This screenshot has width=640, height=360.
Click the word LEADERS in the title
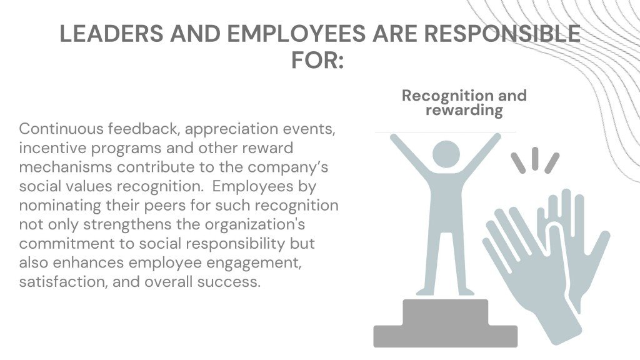111,34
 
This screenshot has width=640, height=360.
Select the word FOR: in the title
317,60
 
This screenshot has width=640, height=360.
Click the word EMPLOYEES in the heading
296,34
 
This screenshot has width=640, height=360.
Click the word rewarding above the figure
464,110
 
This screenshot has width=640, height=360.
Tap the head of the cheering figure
446,154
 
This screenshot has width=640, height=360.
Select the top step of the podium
445,312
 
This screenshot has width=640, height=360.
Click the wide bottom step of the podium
445,336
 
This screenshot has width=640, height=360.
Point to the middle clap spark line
535,159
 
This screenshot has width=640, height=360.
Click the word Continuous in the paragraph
61,129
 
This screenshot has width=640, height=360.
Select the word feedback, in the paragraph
144,129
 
